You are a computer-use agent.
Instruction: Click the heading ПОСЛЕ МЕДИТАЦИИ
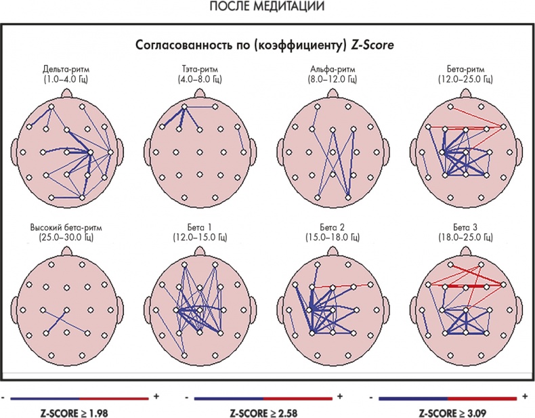click(x=267, y=7)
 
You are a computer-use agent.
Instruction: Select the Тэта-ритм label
click(x=198, y=70)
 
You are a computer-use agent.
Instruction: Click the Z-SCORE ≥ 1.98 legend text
click(x=80, y=411)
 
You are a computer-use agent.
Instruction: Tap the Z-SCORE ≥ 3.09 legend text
click(x=451, y=411)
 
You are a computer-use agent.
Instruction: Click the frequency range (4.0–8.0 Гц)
click(x=198, y=79)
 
